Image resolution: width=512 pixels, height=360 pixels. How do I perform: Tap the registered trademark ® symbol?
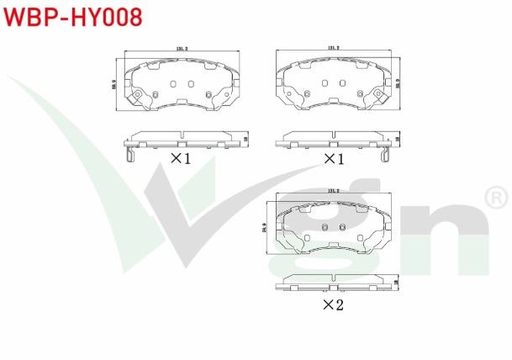point(496,199)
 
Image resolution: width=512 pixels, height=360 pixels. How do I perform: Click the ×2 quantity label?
point(334,304)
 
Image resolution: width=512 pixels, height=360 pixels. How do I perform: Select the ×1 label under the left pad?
point(182,158)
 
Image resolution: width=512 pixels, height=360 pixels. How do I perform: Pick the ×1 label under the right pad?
point(335,158)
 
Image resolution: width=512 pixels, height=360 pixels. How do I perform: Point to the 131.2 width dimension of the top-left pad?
point(181,50)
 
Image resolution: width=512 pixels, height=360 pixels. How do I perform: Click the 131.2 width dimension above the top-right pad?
point(334,49)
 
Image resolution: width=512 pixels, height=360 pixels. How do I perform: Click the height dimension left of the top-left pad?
point(113,84)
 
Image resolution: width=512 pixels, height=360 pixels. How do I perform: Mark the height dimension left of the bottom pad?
point(266,226)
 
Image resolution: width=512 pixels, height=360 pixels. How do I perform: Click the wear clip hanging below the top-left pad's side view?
point(128,154)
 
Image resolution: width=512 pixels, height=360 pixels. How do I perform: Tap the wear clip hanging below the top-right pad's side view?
point(387,154)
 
